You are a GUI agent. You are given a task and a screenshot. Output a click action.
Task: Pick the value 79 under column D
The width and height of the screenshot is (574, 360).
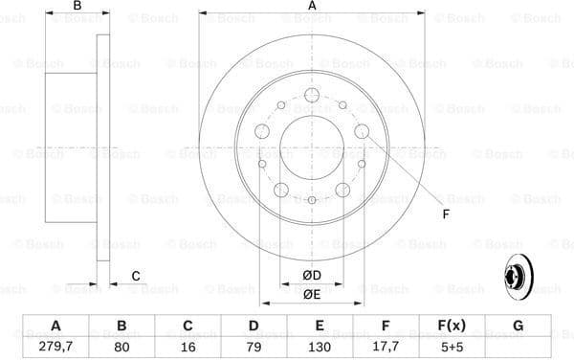point(253,345)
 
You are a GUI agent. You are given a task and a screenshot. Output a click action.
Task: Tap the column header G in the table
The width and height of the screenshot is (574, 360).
point(518,326)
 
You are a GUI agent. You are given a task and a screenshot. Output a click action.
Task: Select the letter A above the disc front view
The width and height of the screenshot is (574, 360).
point(313,8)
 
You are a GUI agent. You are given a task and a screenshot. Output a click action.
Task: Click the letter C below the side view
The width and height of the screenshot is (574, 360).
point(136,276)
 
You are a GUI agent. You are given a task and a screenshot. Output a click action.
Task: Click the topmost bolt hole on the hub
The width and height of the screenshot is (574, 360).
point(313,96)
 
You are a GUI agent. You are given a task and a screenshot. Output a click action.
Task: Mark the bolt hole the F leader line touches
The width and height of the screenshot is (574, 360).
point(362,132)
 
